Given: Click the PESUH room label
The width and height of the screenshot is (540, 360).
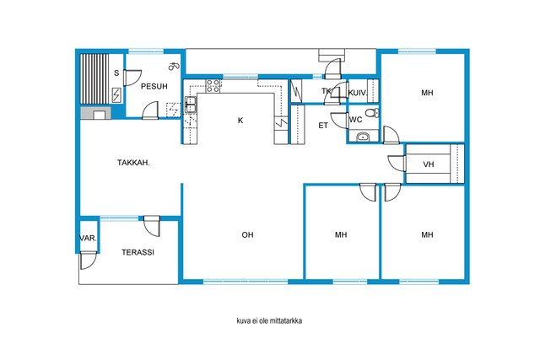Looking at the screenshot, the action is click(154, 86).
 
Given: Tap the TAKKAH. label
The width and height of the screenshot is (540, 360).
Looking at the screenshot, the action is click(133, 163).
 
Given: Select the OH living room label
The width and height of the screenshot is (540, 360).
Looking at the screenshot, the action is click(247, 234).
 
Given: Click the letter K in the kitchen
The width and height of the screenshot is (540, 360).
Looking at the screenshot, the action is click(240, 120).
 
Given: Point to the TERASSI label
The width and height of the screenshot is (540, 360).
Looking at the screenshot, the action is click(138, 252).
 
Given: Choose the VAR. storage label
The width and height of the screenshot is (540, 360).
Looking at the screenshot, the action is click(88, 238).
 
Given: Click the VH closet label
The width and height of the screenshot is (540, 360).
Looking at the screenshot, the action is click(428, 164).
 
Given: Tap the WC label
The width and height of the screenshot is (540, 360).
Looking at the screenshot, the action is click(355, 120).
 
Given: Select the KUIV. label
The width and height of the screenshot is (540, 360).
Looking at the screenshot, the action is click(358, 93).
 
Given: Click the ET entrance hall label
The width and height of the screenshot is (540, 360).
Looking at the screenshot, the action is click(323, 126).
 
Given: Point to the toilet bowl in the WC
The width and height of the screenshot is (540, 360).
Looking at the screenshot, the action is click(372, 112).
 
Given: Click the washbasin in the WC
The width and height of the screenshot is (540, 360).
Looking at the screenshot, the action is click(362, 137).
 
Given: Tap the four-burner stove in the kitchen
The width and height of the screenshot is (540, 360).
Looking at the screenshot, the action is click(213, 86).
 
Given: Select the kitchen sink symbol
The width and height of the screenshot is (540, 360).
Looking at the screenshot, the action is click(191, 105).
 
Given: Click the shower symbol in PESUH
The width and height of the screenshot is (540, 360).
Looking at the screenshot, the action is click(173, 65).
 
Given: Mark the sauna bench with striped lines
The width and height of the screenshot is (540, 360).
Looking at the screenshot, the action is click(94, 78).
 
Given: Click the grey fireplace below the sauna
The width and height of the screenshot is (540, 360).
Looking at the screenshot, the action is click(95, 113).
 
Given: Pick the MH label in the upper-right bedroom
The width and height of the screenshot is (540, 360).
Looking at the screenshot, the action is click(427, 93).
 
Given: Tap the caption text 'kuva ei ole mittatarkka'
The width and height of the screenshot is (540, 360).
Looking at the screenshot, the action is click(269, 320).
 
